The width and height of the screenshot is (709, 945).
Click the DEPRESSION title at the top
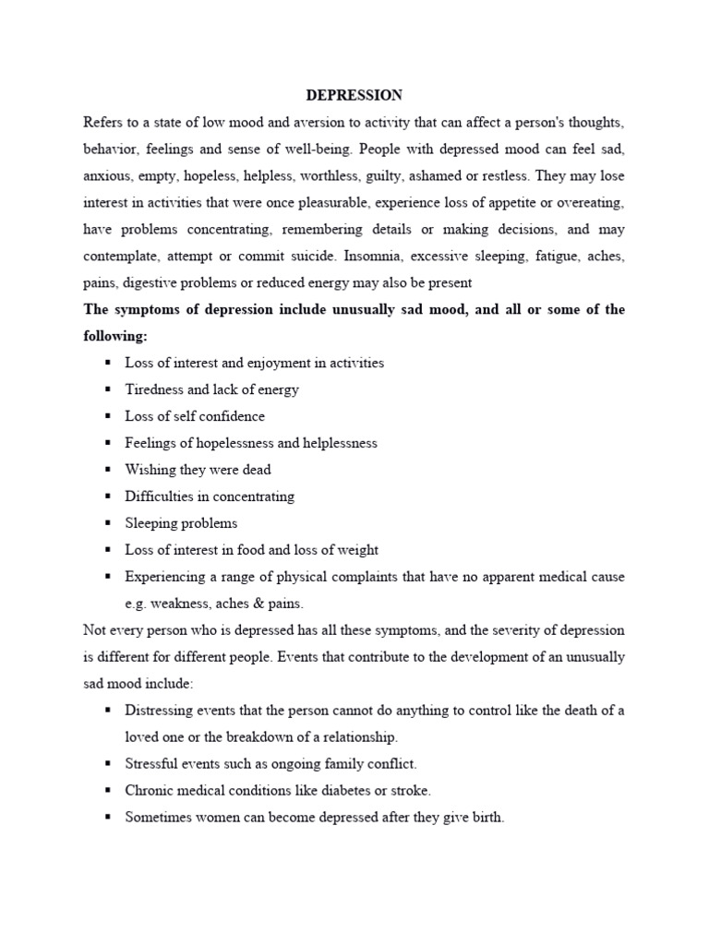tap(354, 95)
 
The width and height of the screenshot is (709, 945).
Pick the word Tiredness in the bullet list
tap(155, 389)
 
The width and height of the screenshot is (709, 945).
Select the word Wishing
tap(150, 470)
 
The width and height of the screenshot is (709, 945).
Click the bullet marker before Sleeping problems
tap(108, 523)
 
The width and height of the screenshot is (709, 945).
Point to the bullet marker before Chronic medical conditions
tap(108, 791)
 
